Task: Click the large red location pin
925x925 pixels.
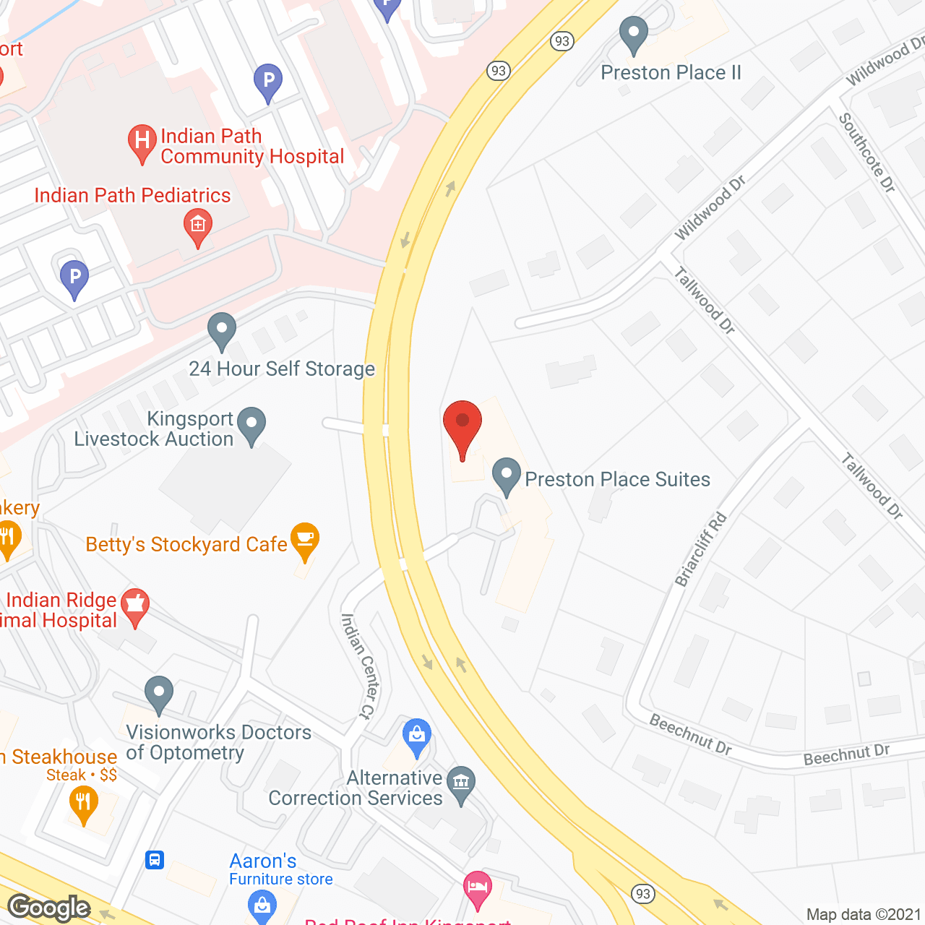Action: pyautogui.click(x=462, y=426)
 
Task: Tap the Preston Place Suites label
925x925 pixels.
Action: pyautogui.click(x=617, y=480)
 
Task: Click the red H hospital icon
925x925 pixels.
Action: pyautogui.click(x=142, y=141)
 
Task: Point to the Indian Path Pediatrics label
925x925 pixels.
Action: pyautogui.click(x=133, y=196)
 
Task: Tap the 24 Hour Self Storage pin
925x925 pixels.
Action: pyautogui.click(x=222, y=331)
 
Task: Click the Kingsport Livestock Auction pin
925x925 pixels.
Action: pyautogui.click(x=251, y=426)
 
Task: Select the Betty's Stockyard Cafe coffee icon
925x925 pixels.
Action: pyautogui.click(x=305, y=540)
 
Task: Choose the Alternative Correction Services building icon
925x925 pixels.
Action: pyautogui.click(x=461, y=784)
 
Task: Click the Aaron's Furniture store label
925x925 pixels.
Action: pyautogui.click(x=280, y=869)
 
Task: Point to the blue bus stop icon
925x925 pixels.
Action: pyautogui.click(x=155, y=860)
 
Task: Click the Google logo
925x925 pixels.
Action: pyautogui.click(x=49, y=908)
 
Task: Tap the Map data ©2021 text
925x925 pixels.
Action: pyautogui.click(x=864, y=915)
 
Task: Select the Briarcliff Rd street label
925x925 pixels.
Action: pyautogui.click(x=700, y=549)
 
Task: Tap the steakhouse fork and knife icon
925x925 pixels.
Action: pyautogui.click(x=84, y=804)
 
